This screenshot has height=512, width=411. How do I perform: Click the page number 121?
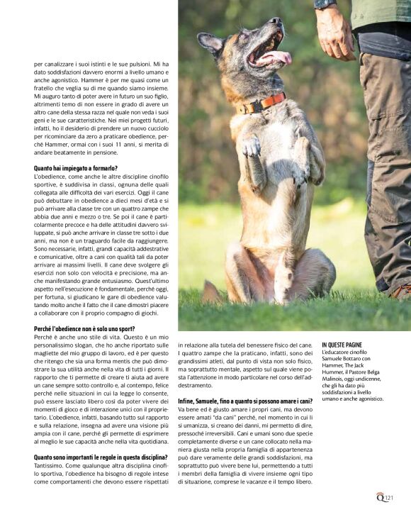click(x=390, y=496)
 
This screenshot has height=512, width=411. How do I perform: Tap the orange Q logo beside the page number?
click(x=381, y=496)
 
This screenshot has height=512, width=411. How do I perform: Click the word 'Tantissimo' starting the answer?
click(x=49, y=467)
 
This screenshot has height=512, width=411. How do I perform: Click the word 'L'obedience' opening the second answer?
click(x=50, y=176)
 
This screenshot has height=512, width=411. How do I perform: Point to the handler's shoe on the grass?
click(x=400, y=291)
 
